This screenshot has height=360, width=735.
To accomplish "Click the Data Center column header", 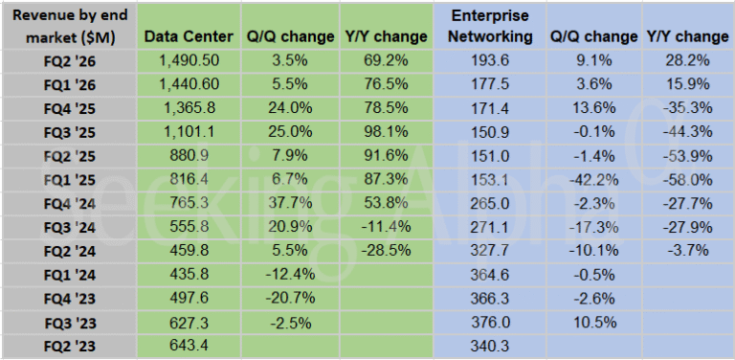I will click(x=188, y=36).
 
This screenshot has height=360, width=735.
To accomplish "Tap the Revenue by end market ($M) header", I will click(x=67, y=26).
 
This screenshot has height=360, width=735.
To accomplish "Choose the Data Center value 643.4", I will click(x=188, y=346).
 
